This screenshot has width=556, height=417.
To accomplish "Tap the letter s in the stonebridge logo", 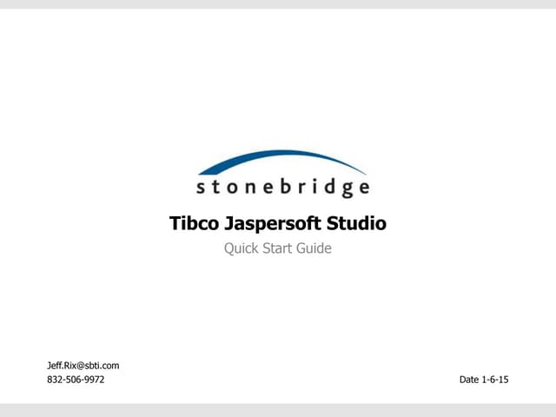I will pos(202,188).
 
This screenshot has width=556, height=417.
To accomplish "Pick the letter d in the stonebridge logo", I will pos(326,185).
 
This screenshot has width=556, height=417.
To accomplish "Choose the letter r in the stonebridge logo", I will pos(298,188).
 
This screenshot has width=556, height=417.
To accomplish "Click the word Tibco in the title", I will pos(190,223).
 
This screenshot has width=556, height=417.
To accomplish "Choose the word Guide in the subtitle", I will pos(315,248).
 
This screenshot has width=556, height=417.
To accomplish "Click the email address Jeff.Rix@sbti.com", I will pos(83,366).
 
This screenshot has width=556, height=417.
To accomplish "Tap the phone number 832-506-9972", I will pos(75,380).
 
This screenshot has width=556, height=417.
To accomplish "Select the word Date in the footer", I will pos(469,380).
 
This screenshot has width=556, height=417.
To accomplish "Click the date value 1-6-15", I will pos(495,380).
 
